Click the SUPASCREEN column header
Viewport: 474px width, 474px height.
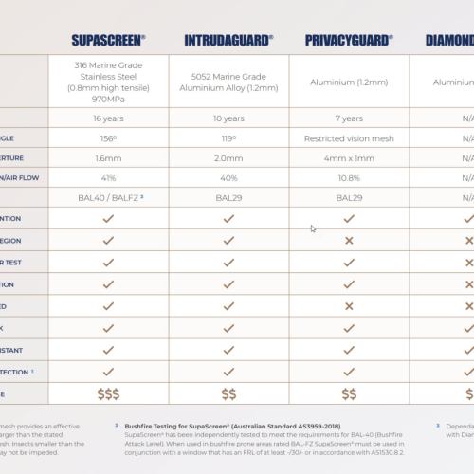[x=108, y=40]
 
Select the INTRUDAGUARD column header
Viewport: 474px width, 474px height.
[x=228, y=40]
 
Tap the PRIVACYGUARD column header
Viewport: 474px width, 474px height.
[x=349, y=40]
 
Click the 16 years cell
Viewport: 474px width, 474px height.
[x=108, y=118]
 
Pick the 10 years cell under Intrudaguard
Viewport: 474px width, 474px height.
[x=228, y=118]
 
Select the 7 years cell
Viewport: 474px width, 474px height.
[x=349, y=118]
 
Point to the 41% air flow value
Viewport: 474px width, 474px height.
[x=108, y=176]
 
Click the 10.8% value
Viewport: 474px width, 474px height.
[x=349, y=176]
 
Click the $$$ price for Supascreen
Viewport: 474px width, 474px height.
[x=108, y=392]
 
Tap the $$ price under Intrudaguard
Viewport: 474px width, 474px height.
[x=228, y=392]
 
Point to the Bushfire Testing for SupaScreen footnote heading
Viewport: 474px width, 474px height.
[x=231, y=427]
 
